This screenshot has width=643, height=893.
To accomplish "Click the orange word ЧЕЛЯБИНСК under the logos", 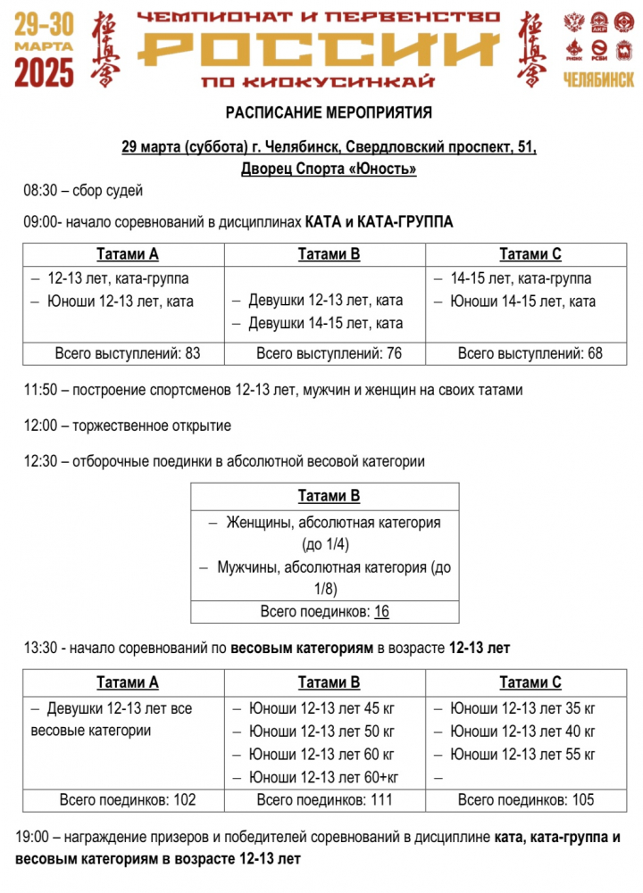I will [x=598, y=80].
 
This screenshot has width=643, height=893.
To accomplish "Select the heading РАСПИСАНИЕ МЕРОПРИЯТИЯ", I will [x=329, y=113].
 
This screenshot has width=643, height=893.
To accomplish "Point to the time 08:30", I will [x=40, y=190].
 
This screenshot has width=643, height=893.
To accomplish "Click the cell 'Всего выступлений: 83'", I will [x=128, y=353].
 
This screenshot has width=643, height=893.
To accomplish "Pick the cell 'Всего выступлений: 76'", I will [x=329, y=353].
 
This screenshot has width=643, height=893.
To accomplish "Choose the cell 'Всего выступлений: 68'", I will [x=530, y=353].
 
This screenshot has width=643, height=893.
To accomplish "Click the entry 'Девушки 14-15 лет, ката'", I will [x=326, y=323].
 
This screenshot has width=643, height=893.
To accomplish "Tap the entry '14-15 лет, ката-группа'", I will [x=521, y=278].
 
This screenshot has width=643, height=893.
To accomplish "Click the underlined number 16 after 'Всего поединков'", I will [x=381, y=612].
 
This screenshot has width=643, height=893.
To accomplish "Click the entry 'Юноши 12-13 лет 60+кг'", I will [x=323, y=777].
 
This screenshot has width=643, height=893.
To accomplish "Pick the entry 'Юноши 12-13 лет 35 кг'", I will [x=522, y=708].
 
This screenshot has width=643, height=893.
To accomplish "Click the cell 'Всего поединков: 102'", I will [x=128, y=800].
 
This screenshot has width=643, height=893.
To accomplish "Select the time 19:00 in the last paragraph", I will [x=32, y=839].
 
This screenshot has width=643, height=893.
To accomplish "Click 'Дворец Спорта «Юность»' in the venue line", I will [x=329, y=168].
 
